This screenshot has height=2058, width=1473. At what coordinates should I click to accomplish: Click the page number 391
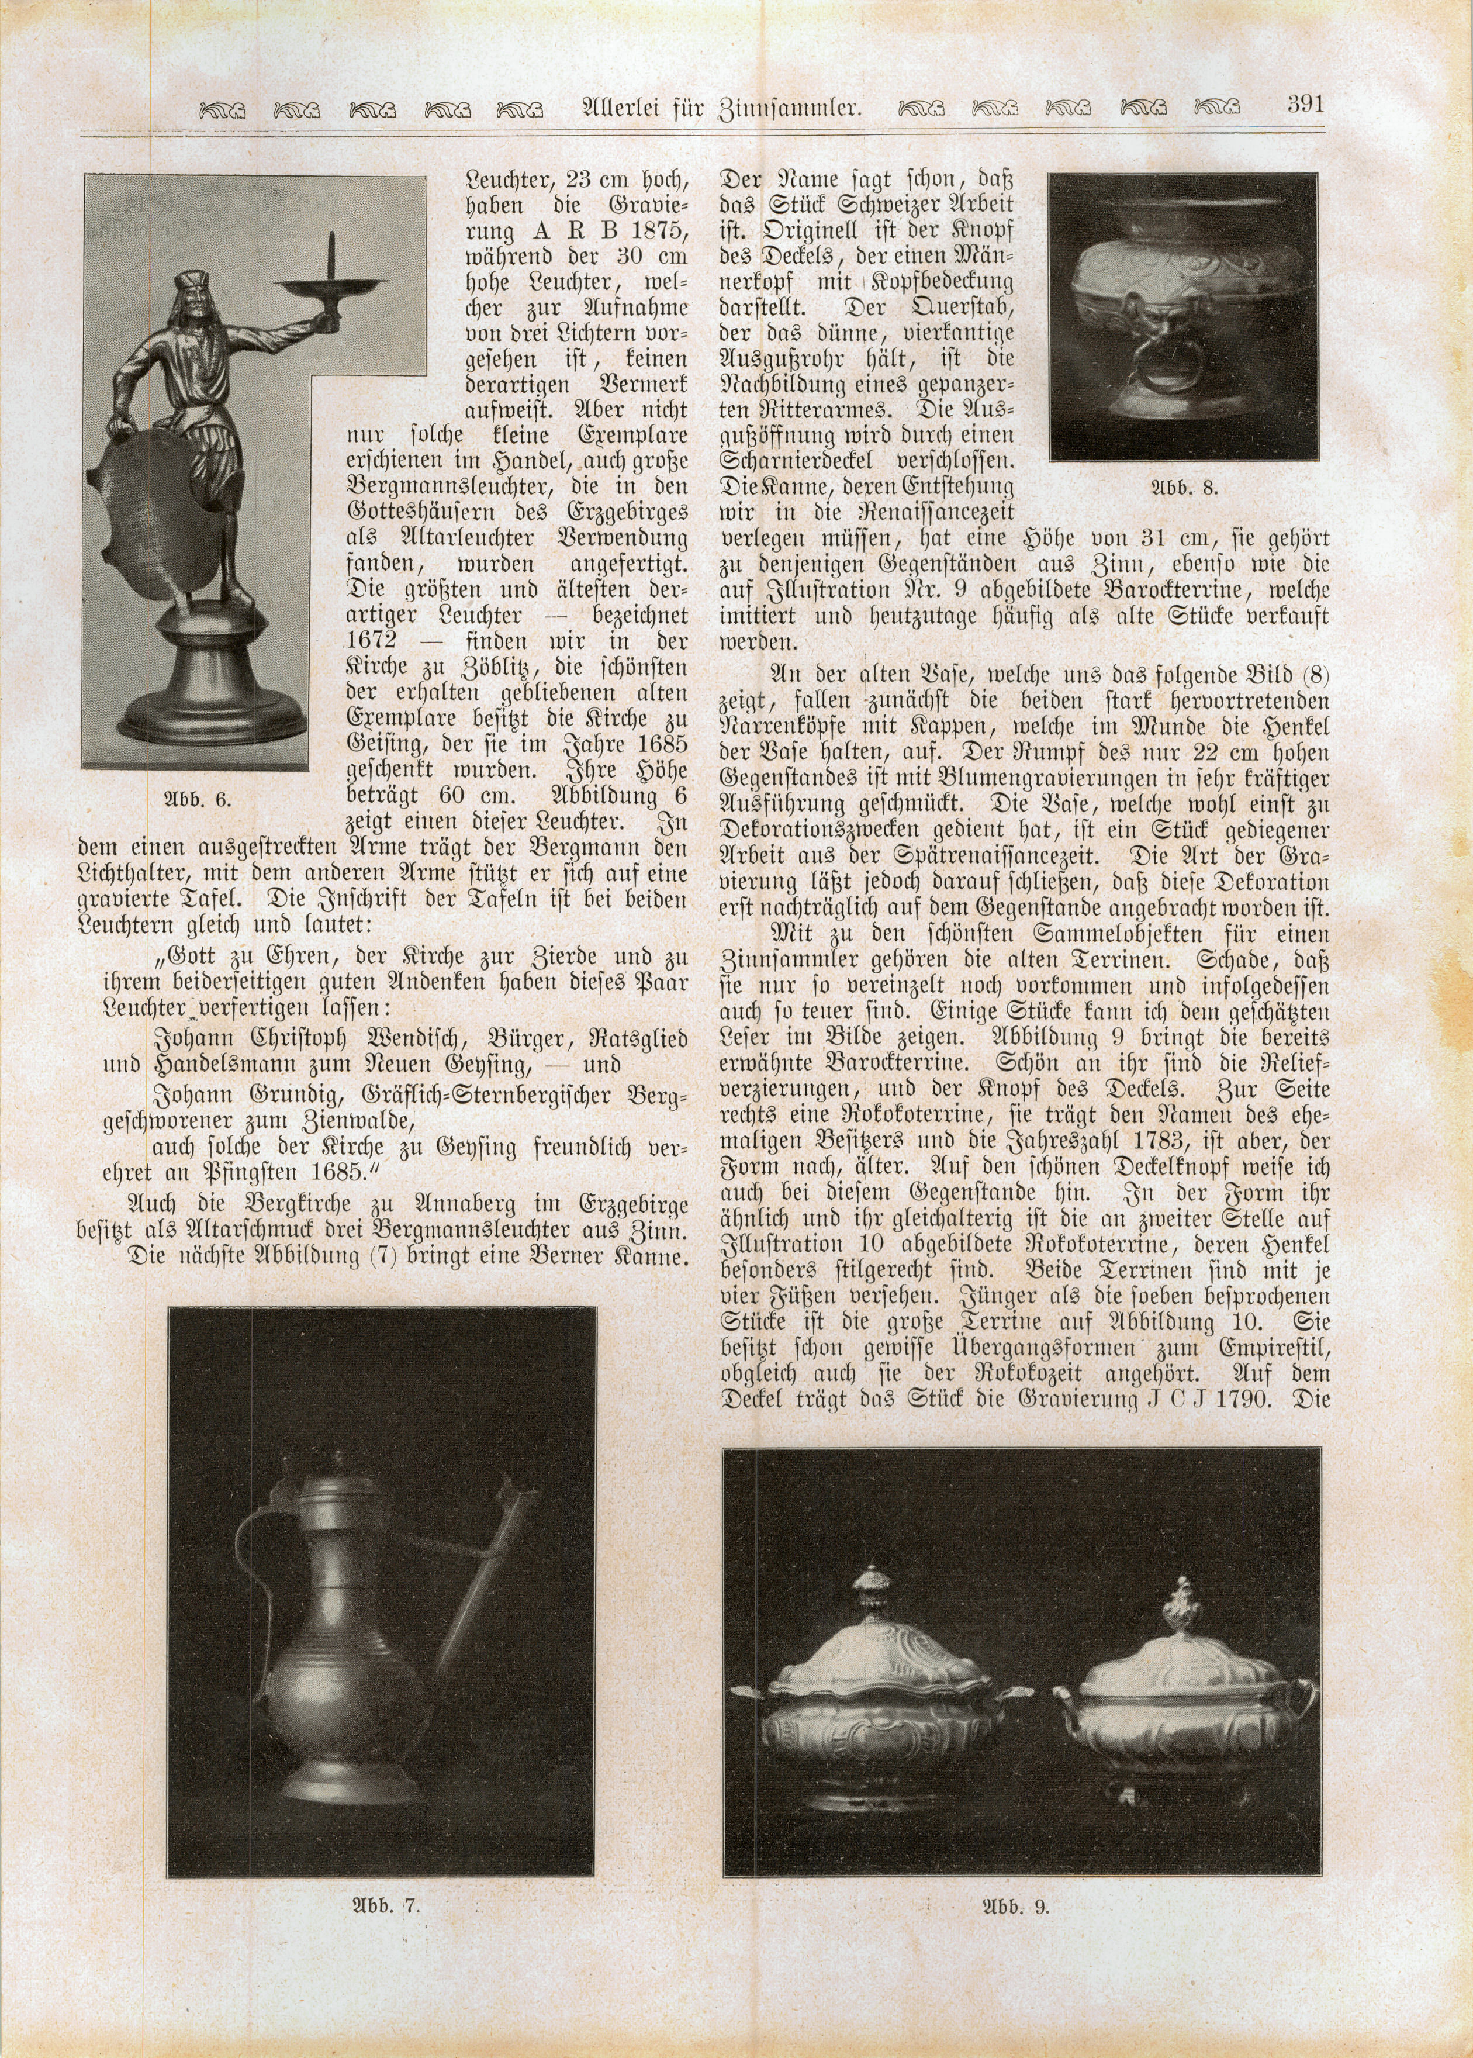tap(1305, 103)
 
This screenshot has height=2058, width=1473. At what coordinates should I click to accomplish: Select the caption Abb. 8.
tap(1185, 487)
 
